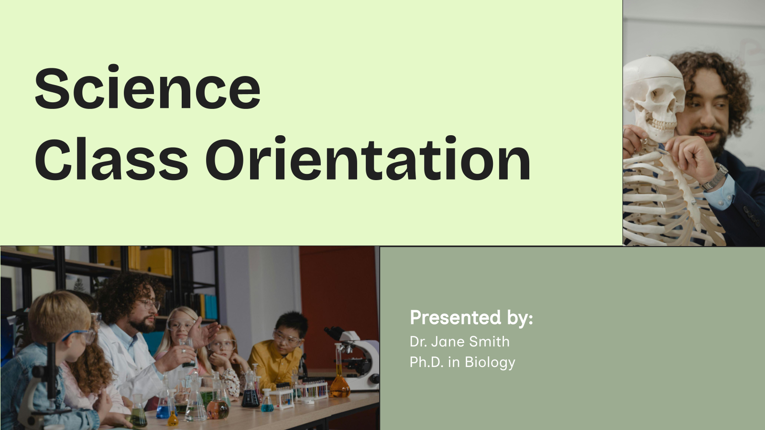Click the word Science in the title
pyautogui.click(x=147, y=89)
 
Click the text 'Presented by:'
pyautogui.click(x=471, y=318)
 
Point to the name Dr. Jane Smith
pyautogui.click(x=459, y=342)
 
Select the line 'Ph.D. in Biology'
pyautogui.click(x=462, y=362)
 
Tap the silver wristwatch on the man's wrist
pyautogui.click(x=715, y=178)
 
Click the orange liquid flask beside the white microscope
pyautogui.click(x=340, y=385)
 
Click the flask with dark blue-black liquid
pyautogui.click(x=250, y=397)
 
